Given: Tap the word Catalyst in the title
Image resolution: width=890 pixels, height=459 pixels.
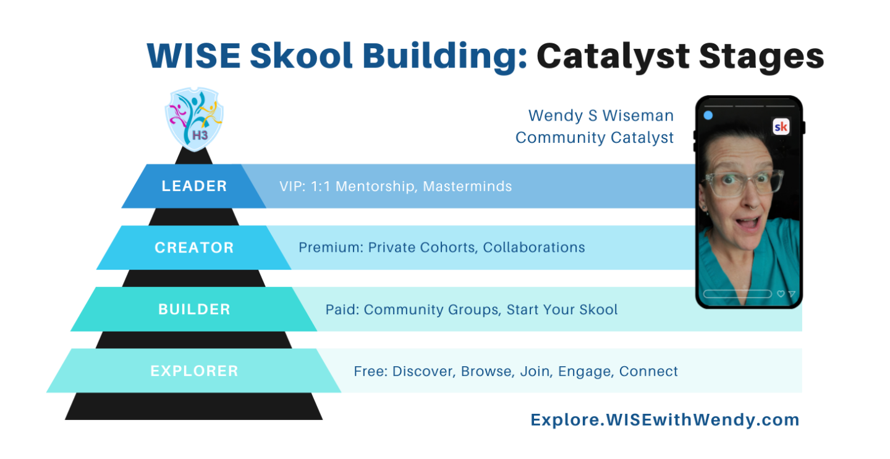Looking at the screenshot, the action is [x=613, y=56].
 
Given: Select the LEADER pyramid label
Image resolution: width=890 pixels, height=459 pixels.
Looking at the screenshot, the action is [x=194, y=186].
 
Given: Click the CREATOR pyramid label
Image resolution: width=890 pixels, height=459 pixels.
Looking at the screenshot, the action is [x=194, y=248].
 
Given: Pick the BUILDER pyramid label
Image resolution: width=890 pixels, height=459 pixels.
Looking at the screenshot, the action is [x=194, y=309].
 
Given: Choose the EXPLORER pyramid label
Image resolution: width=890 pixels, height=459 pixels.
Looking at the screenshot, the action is [x=194, y=371].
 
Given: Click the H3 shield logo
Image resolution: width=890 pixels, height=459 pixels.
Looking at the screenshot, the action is [x=194, y=119].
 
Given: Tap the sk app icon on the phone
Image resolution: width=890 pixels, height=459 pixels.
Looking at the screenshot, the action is [x=781, y=127].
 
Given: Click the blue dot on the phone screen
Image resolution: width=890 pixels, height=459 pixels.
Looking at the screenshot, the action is [x=708, y=115].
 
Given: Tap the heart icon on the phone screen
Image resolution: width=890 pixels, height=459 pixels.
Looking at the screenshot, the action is [x=781, y=294].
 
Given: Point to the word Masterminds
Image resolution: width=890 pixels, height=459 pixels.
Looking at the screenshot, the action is [x=467, y=186].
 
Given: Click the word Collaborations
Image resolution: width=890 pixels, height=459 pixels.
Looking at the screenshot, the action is [x=534, y=247].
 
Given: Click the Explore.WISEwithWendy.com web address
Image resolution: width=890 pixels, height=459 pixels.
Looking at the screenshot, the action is [x=665, y=420].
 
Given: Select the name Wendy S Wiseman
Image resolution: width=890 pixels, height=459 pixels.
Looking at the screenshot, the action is [x=601, y=116].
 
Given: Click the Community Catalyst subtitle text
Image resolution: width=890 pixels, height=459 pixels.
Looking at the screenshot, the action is [x=595, y=137].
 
